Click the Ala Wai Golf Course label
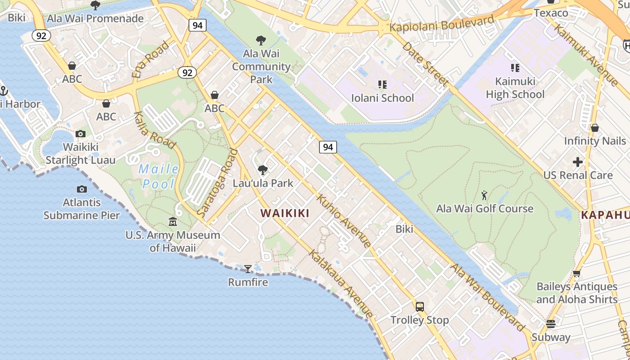tap(485, 208)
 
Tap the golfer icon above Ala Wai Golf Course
tap(484, 195)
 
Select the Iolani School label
tap(382, 98)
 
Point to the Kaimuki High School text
tap(515, 88)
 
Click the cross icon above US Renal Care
tap(578, 162)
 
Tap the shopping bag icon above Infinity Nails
tap(594, 128)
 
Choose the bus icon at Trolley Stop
tap(419, 307)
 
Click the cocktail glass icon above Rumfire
tap(247, 269)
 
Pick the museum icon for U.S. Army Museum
tap(173, 222)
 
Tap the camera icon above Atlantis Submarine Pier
tap(81, 189)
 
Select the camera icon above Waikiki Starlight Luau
tap(81, 134)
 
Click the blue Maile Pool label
tap(158, 176)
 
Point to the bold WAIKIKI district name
tap(285, 213)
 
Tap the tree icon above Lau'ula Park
tap(262, 170)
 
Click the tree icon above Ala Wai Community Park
tap(261, 40)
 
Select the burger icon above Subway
tap(550, 324)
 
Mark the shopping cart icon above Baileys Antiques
tap(576, 273)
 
